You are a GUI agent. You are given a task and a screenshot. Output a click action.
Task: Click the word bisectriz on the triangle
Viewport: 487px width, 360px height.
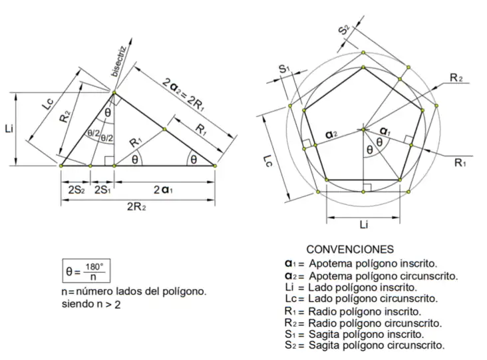(118, 61)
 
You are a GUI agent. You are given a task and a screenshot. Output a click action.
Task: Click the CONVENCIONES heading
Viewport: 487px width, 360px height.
(350, 250)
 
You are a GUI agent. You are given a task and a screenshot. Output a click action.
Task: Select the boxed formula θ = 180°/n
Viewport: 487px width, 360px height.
(86, 271)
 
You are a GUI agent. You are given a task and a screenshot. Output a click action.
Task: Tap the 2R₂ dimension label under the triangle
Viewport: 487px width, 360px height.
(136, 206)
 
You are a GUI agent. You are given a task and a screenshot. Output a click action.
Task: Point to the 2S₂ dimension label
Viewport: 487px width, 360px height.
(76, 190)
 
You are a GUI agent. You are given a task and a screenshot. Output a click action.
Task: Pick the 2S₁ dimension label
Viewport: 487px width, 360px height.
(102, 190)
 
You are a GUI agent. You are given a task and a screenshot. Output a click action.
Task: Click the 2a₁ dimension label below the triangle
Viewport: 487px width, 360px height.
(163, 190)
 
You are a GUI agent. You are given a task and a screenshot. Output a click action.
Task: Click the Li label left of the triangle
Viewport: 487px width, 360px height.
(9, 128)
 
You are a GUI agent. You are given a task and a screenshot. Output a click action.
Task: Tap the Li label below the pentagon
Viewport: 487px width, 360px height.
(364, 224)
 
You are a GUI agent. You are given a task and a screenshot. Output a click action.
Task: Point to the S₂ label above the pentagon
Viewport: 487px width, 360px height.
(344, 30)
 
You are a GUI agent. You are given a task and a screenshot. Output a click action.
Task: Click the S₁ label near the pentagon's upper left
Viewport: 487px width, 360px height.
(284, 69)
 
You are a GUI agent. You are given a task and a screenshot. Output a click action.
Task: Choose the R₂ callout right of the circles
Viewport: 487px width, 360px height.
(456, 78)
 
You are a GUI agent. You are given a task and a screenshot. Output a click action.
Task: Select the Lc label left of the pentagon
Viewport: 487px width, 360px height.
(267, 160)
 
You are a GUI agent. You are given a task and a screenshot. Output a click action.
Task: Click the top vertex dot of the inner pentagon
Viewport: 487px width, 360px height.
(363, 67)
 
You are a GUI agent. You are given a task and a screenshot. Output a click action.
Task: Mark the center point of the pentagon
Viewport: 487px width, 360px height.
(363, 129)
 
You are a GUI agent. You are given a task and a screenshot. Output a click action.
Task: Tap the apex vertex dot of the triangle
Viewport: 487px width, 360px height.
(114, 92)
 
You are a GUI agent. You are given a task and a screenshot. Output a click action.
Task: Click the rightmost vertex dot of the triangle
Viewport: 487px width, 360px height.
(215, 166)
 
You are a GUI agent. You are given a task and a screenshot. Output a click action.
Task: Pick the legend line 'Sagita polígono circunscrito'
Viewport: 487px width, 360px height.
(365, 345)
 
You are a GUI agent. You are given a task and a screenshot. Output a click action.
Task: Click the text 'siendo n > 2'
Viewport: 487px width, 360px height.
(91, 304)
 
